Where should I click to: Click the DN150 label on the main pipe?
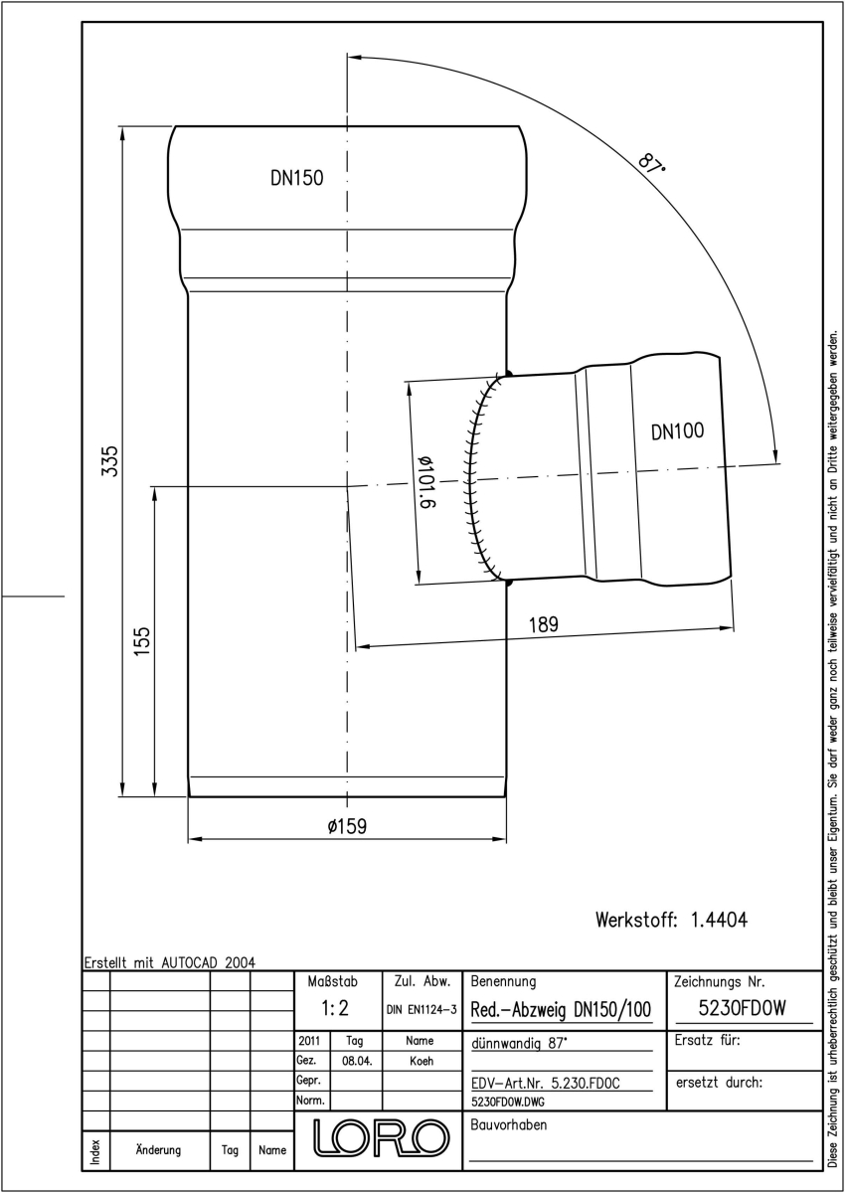coord(296,178)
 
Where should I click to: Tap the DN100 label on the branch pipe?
coord(677,430)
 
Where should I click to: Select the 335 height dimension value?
coord(109,461)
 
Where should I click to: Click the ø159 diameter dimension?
coord(347,826)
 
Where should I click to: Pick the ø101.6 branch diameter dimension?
coord(425,482)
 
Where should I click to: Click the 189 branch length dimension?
coord(543,624)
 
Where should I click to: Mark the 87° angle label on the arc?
coord(651,163)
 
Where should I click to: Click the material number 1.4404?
coord(719,920)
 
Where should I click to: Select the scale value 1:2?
coord(335,1008)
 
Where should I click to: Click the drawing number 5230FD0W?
coord(742,1008)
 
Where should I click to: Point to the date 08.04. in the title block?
coord(357,1061)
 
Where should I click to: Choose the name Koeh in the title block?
coord(422,1061)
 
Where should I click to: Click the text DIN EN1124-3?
coord(422,1010)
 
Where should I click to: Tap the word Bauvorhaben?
coord(508,1124)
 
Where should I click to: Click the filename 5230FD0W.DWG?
coord(508,1102)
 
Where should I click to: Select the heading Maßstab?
coord(333,981)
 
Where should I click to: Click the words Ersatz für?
coord(707,1040)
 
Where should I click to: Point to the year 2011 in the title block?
coord(309,1041)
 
